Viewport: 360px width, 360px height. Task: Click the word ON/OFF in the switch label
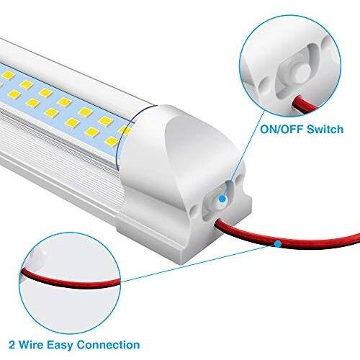[282, 130]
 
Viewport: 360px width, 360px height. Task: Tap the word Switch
[325, 130]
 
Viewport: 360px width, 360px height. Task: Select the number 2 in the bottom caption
[12, 345]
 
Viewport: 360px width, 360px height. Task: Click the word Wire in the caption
[31, 345]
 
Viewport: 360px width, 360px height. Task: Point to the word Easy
[60, 346]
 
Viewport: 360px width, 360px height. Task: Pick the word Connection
[108, 345]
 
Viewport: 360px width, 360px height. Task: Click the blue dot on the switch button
[222, 199]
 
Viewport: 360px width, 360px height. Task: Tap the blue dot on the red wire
[278, 244]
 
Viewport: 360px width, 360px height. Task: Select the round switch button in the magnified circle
[302, 72]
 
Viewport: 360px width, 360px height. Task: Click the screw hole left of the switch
[193, 210]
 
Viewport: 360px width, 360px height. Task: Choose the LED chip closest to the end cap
[125, 130]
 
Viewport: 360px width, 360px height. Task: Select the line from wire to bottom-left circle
[199, 263]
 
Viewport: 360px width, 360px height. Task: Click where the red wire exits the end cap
[217, 222]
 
